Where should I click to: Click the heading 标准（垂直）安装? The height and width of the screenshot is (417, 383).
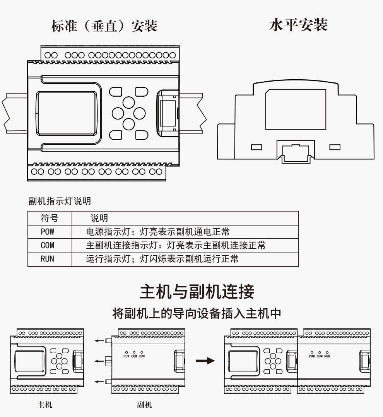(x=104, y=26)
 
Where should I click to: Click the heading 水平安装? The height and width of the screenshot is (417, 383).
(x=298, y=25)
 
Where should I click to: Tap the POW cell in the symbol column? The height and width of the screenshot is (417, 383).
(x=47, y=232)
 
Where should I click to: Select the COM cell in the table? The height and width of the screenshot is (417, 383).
(x=47, y=245)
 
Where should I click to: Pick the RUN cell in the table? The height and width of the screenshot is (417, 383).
(x=47, y=259)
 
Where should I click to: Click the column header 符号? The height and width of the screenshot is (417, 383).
(x=50, y=218)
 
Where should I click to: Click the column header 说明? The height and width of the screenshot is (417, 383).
(x=99, y=218)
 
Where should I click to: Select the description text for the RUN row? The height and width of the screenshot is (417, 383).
(x=162, y=259)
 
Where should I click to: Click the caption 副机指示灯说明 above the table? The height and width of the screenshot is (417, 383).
(x=60, y=201)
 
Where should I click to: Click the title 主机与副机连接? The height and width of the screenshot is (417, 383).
(x=197, y=292)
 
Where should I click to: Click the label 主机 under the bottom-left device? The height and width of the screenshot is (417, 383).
(x=44, y=405)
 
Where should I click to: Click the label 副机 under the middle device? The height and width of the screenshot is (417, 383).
(x=144, y=405)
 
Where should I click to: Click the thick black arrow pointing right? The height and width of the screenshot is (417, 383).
(x=205, y=361)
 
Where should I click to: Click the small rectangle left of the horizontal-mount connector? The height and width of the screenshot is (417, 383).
(x=256, y=147)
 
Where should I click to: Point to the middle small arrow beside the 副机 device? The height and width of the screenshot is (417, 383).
(x=99, y=361)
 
